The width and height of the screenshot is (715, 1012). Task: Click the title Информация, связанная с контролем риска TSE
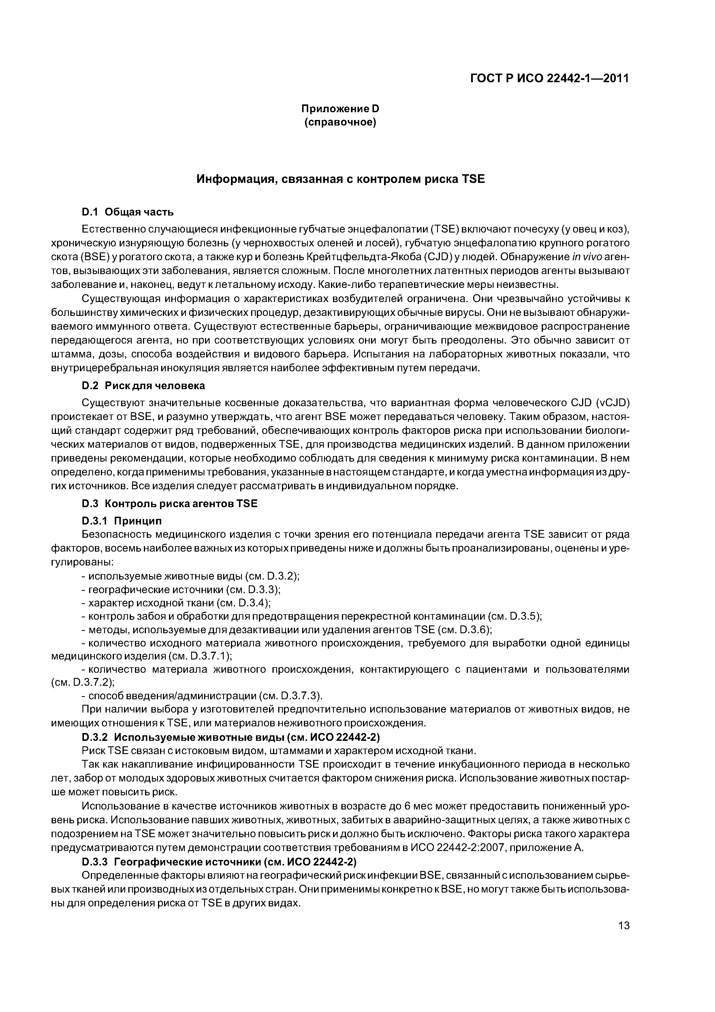340,179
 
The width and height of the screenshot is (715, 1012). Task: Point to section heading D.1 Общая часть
128,212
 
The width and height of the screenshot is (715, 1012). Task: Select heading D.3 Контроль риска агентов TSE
170,503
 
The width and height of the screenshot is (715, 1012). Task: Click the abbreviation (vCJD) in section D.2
613,403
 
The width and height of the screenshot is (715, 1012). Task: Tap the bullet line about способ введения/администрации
203,696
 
